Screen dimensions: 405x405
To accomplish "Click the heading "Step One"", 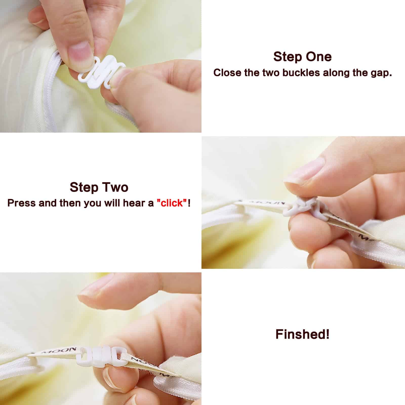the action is (302, 57).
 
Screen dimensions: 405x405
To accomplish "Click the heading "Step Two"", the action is (99, 187).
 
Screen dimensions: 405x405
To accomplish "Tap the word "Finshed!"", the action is (302, 334).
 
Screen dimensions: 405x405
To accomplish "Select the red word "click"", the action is (172, 203).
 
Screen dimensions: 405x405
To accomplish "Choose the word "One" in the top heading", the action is (320, 57).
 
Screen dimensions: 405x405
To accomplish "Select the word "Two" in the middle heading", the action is (116, 187).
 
